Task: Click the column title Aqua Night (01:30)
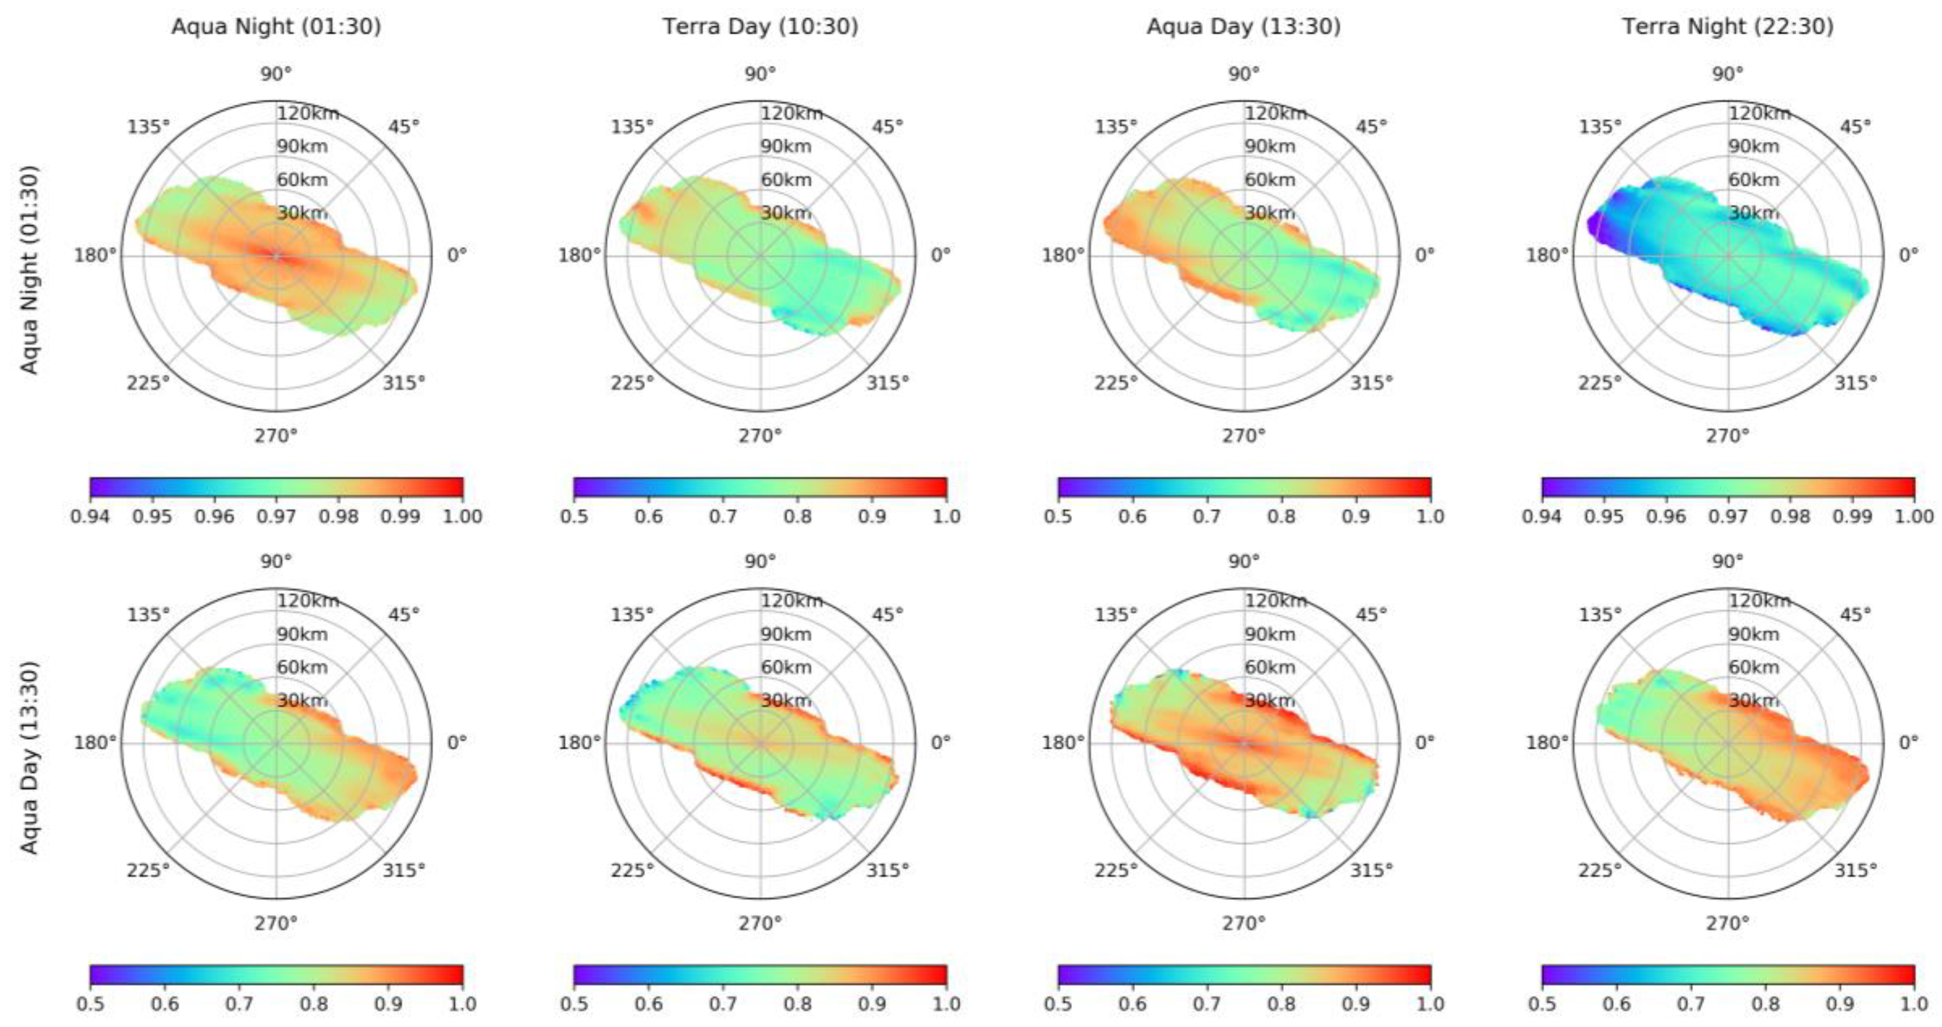coord(276,27)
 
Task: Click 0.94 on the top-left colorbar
coord(91,517)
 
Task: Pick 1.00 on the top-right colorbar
coord(1914,517)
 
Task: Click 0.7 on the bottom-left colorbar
coord(239,1004)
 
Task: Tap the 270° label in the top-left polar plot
coord(276,436)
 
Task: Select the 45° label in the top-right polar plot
coord(1855,127)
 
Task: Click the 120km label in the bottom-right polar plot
coord(1759,601)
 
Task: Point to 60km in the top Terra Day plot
coord(786,180)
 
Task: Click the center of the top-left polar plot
coord(276,255)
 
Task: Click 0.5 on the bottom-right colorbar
coord(1542,1004)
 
